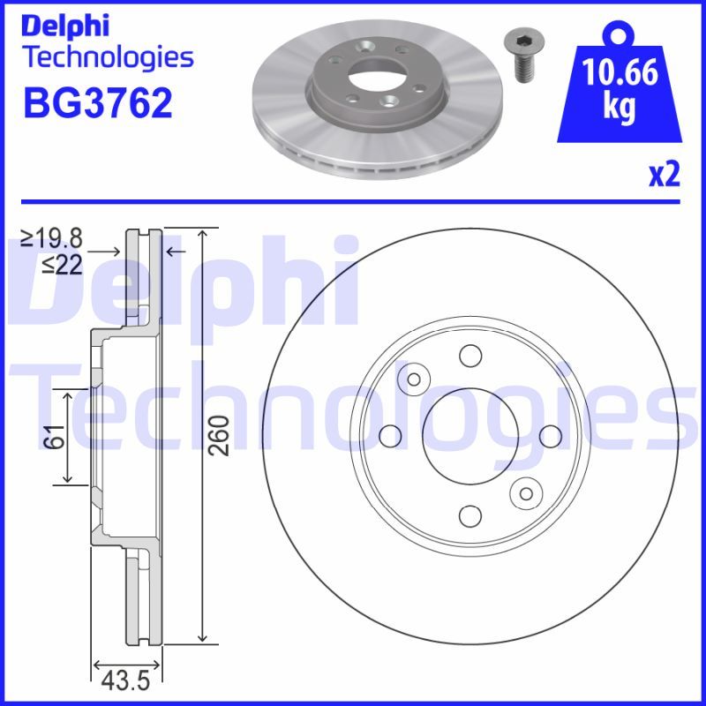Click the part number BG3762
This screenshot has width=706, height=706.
96,104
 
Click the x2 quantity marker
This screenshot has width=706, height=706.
665,176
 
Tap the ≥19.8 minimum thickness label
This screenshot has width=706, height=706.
52,237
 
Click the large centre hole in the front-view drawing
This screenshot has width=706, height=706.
469,436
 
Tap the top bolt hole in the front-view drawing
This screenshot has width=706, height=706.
469,357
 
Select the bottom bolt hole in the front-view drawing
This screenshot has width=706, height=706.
469,515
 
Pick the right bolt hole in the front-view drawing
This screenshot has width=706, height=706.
549,436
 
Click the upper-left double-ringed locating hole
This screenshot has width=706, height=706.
413,379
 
